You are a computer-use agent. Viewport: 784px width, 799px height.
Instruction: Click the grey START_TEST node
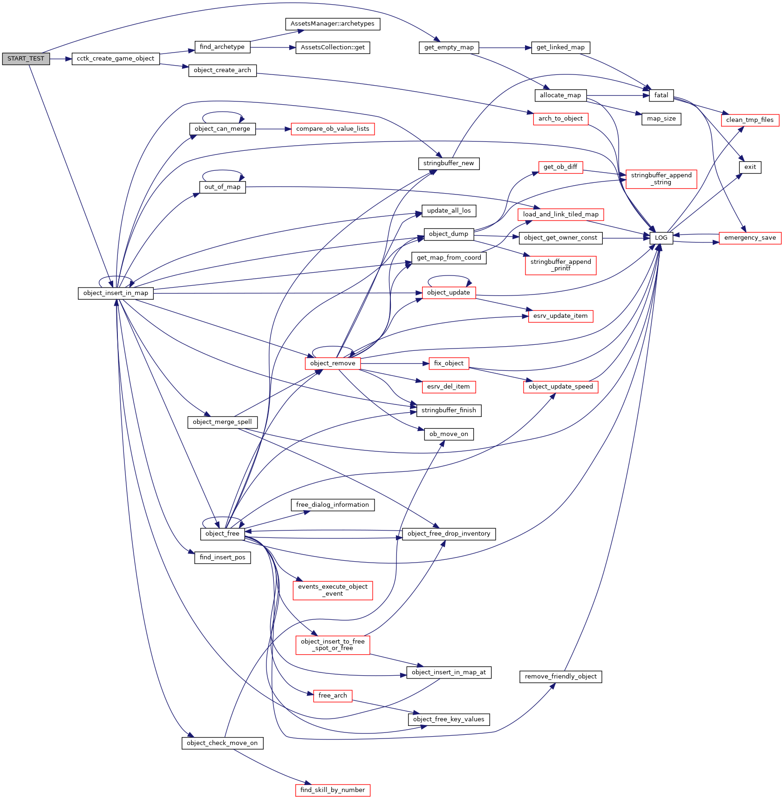pos(26,59)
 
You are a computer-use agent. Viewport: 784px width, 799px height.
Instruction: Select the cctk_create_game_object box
pos(116,59)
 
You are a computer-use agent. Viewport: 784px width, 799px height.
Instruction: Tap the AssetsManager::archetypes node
pos(332,24)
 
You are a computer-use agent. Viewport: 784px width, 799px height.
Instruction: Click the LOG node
pos(661,237)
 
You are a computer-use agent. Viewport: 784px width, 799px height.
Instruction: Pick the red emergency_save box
pos(750,238)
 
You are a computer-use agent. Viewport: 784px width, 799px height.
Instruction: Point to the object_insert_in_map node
pos(116,293)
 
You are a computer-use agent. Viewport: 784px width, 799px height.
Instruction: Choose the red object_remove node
pos(333,363)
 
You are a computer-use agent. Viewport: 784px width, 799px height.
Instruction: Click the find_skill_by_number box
pos(333,790)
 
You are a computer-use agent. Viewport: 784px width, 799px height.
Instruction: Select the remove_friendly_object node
pos(560,677)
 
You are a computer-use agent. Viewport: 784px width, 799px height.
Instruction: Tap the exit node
pos(750,167)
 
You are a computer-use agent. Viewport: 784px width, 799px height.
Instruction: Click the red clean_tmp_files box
pos(750,120)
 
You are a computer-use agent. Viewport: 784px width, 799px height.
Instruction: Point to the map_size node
pos(661,119)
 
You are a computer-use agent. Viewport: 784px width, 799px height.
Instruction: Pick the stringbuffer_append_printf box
pos(560,265)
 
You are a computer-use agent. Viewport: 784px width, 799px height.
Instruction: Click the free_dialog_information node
pos(333,505)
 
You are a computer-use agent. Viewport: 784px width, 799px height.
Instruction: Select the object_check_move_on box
pos(222,743)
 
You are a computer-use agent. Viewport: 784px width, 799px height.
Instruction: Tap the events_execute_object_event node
pos(333,590)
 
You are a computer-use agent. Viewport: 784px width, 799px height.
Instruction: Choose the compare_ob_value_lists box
pos(333,129)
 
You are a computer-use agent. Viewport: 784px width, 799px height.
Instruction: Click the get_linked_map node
pos(560,47)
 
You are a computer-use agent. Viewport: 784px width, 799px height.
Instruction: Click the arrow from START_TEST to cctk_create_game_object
pos(61,59)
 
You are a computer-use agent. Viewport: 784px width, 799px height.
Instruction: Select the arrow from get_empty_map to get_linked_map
pos(505,47)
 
